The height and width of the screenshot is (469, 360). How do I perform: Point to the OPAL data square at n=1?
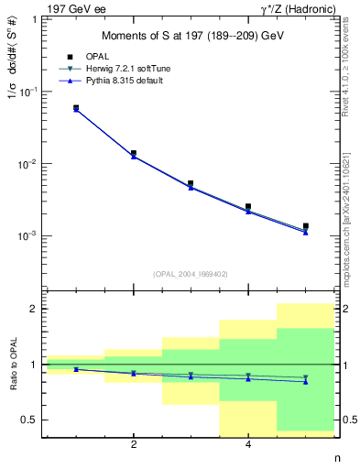pos(76,108)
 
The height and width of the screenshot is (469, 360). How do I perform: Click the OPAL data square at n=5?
pos(305,226)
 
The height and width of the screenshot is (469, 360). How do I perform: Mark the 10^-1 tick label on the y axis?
pos(27,92)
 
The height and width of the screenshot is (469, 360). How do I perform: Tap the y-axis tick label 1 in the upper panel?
pos(33,19)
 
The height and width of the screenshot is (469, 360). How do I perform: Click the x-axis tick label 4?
pos(248,446)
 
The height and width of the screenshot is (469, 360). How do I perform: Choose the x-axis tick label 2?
pos(134,446)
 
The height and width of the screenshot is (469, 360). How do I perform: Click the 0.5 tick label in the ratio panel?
pos(29,420)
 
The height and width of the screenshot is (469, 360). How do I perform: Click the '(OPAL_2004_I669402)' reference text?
pos(190,273)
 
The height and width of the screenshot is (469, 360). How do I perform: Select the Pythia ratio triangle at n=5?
pos(305,381)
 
